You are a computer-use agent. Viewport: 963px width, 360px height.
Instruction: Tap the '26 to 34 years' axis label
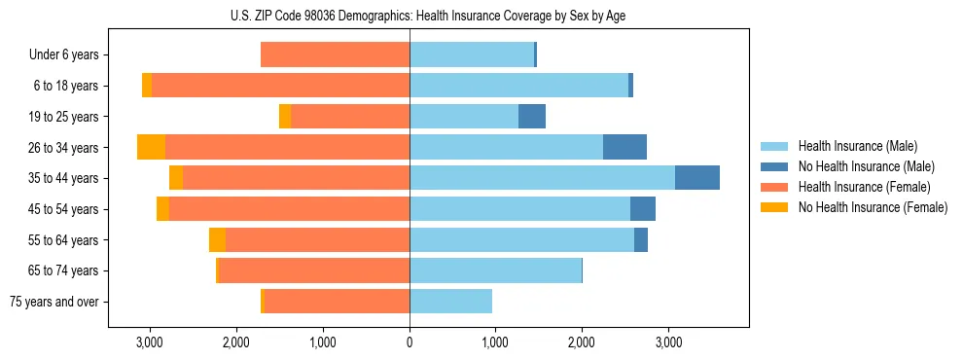[x=63, y=148]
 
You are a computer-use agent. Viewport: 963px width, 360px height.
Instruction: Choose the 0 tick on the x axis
[x=410, y=342]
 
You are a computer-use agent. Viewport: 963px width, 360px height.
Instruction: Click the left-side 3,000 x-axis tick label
[x=149, y=342]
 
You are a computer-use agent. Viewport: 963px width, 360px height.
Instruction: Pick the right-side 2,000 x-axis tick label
[x=582, y=342]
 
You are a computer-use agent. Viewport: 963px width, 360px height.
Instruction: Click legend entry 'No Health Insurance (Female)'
[x=873, y=207]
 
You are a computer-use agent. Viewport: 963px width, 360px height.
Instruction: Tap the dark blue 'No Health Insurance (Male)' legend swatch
[x=775, y=166]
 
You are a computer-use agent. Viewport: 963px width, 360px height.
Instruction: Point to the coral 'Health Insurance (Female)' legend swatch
[x=775, y=187]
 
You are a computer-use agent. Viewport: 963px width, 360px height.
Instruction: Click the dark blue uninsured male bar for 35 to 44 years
[x=696, y=178]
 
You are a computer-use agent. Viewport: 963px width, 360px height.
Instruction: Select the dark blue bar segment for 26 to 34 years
[x=624, y=147]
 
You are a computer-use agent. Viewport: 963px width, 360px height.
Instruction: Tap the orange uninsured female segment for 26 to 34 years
[x=151, y=147]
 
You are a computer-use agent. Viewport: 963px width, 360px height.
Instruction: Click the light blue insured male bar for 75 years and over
[x=450, y=302]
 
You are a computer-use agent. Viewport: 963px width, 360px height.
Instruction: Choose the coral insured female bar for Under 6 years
[x=335, y=55]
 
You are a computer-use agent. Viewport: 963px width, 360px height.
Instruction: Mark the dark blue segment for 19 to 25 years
[x=531, y=117]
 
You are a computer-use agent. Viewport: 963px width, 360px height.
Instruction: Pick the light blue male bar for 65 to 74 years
[x=495, y=270]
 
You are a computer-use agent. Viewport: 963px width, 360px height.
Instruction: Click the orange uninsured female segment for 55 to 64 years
[x=217, y=239]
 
